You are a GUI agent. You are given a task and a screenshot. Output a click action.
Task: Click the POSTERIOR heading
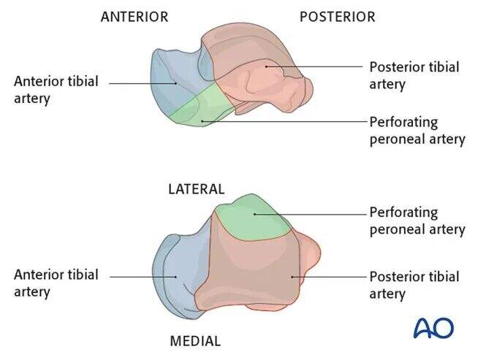tap(337, 17)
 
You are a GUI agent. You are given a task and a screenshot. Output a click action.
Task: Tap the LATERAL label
tap(196, 188)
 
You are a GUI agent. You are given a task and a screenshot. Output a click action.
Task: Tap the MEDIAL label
tap(195, 340)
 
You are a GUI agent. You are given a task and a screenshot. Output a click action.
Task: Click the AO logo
tap(433, 328)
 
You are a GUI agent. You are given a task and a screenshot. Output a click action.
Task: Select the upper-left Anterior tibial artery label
tap(56, 89)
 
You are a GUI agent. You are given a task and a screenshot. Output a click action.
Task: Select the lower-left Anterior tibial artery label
tap(56, 283)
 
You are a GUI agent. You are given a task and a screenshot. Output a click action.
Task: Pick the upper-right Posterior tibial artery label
tap(414, 75)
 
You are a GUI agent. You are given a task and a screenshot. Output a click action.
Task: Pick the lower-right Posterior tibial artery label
tap(414, 285)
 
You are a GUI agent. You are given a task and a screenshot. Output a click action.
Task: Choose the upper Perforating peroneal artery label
tap(417, 130)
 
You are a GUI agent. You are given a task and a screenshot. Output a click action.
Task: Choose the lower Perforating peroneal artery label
tap(417, 221)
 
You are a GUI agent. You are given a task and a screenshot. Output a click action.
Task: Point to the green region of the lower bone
tap(252, 219)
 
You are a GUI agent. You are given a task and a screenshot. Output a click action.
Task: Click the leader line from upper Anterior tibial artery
tap(143, 83)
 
